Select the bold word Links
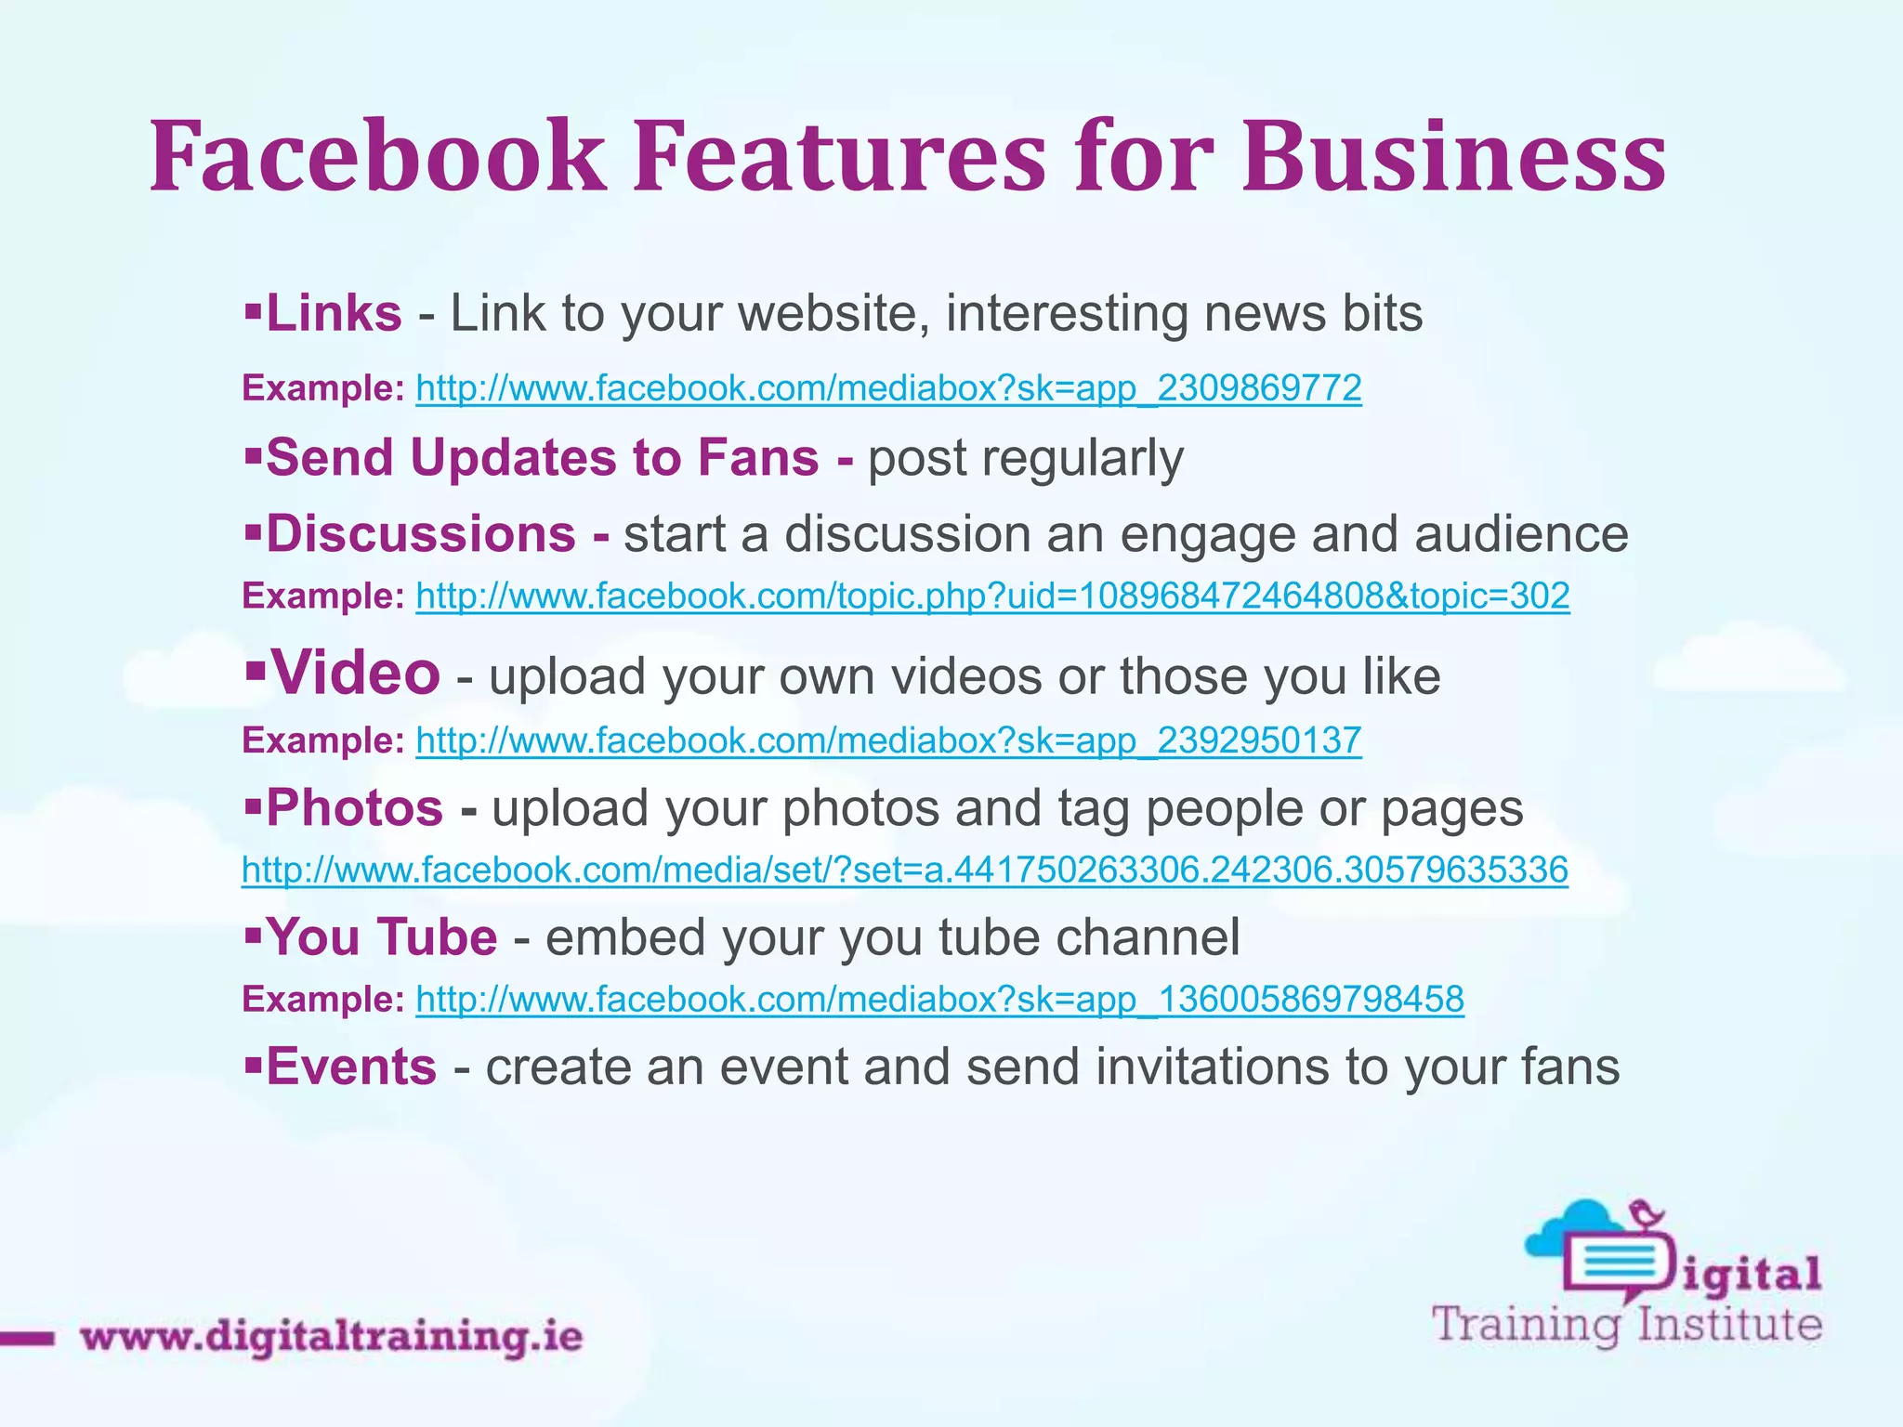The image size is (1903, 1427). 334,313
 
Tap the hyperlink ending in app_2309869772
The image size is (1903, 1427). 888,387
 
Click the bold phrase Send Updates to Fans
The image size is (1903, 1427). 542,457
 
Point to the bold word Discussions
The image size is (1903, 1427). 421,534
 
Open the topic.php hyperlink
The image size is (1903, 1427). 992,596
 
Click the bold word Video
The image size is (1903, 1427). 355,673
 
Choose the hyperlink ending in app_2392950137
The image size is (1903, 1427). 888,740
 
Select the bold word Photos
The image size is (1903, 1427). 354,807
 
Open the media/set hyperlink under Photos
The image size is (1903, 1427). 904,870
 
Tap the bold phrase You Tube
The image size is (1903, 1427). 381,936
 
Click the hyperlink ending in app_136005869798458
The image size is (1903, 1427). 939,1000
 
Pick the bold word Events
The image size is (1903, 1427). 351,1067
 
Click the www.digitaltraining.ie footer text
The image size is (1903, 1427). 331,1337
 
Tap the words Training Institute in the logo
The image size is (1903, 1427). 1626,1324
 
